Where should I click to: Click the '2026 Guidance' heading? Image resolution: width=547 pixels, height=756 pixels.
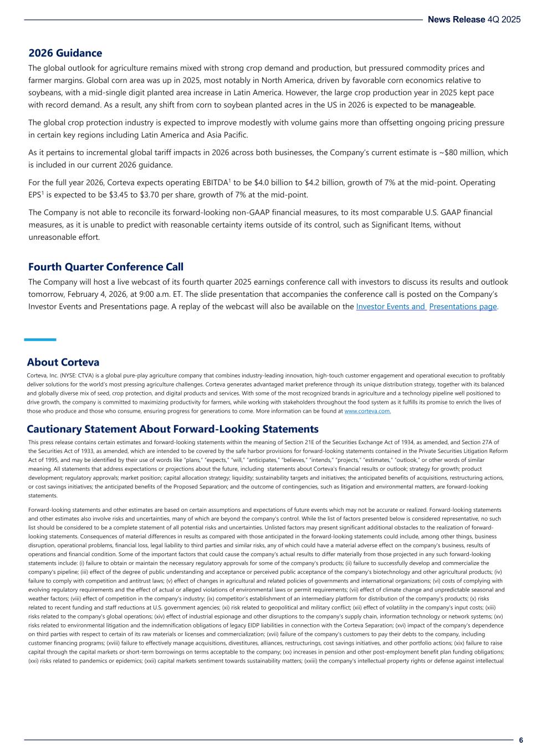[x=65, y=53]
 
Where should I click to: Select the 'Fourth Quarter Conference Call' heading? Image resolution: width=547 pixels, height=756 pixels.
[x=106, y=267]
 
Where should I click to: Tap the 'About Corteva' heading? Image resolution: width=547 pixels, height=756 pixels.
[x=63, y=362]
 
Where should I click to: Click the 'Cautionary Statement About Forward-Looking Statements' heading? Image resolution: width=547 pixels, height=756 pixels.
[x=173, y=429]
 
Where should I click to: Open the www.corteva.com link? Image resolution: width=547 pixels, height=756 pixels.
[x=367, y=412]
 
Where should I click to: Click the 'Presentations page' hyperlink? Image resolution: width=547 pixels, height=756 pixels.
[x=463, y=307]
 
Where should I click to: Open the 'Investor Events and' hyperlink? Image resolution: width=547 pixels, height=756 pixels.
[x=391, y=307]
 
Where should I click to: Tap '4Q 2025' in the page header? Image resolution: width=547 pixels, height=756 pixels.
[x=504, y=19]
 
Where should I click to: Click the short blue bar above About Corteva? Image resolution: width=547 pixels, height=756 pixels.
[x=40, y=340]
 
